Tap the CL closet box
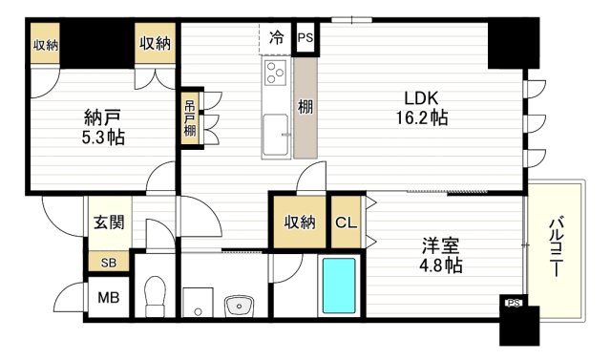[x=346, y=222]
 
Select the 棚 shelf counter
[x=305, y=107]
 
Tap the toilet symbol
[x=155, y=294]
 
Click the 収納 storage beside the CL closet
[x=299, y=222]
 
